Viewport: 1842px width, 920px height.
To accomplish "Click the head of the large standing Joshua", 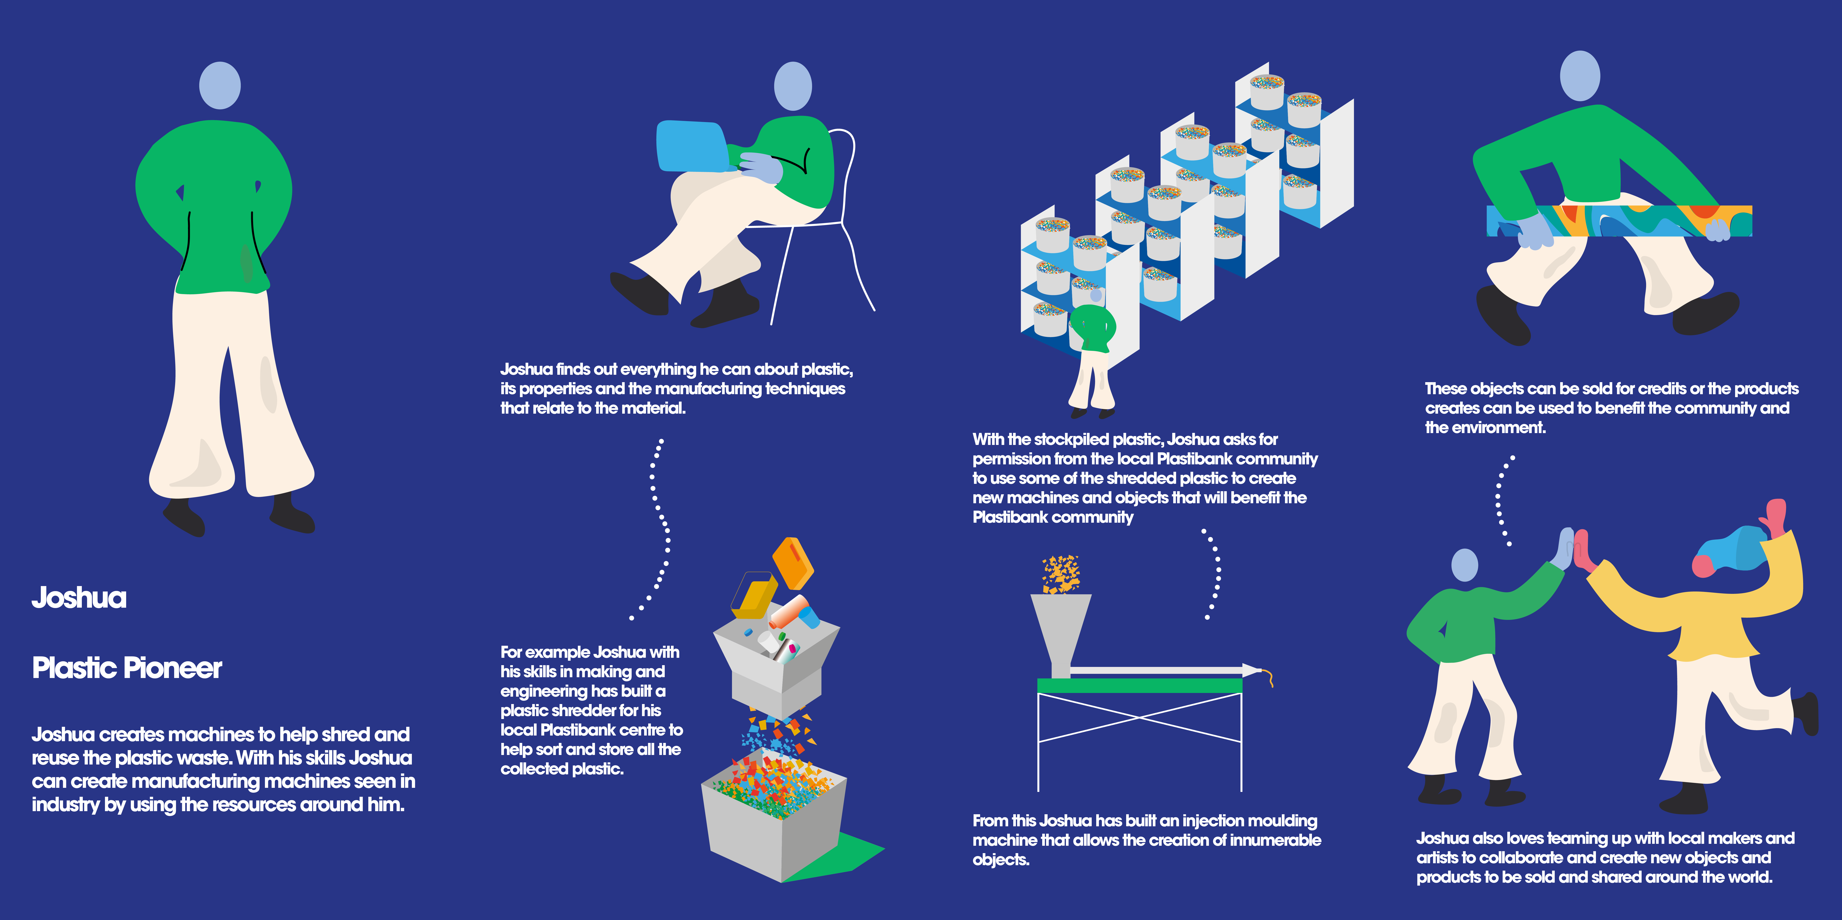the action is coord(219,85).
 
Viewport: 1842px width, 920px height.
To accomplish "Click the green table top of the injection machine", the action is coord(1139,686).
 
